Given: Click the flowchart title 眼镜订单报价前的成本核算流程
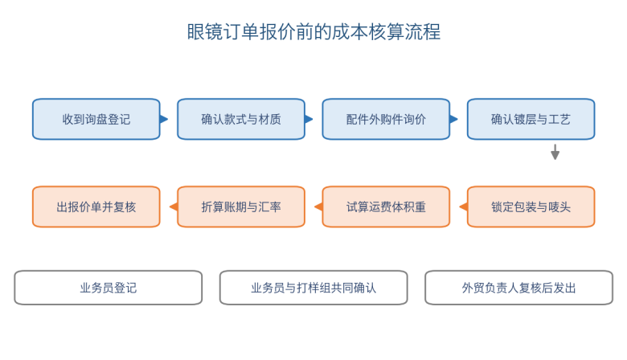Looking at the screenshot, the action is pos(313,32).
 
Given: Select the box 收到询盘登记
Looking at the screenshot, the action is pos(96,119).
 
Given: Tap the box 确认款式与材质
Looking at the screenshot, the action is pos(241,119).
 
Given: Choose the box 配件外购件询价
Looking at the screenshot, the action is pos(386,119).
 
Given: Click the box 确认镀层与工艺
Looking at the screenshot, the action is pos(531,119).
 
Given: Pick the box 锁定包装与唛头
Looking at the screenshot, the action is pos(531,207).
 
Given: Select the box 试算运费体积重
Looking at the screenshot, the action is pos(386,207).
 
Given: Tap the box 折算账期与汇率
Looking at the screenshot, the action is pos(241,207).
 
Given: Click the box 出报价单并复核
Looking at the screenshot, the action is pos(96,207).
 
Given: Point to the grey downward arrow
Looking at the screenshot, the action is pos(555,152).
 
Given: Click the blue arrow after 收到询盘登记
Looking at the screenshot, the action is pos(164,119).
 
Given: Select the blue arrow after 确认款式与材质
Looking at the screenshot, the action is pos(309,119).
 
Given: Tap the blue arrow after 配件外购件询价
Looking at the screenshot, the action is pos(454,119).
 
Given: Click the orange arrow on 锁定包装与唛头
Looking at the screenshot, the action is pos(464,207).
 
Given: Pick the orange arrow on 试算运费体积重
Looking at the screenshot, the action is pos(318,207).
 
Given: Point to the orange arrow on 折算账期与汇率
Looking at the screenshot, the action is pos(174,207).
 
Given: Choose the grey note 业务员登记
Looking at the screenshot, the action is pos(109,288).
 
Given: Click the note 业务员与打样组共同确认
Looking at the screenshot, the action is pos(313,288).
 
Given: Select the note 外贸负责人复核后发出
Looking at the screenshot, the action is pos(518,288).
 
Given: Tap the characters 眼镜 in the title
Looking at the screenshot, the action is pos(205,32).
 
